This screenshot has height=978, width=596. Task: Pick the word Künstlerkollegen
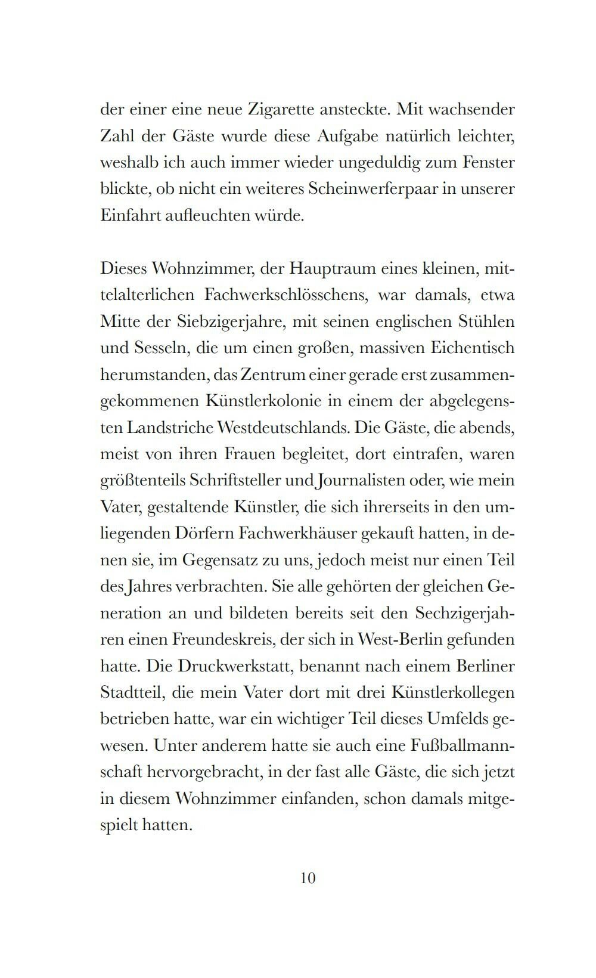coord(453,692)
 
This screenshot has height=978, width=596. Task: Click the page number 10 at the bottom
coord(308,878)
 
